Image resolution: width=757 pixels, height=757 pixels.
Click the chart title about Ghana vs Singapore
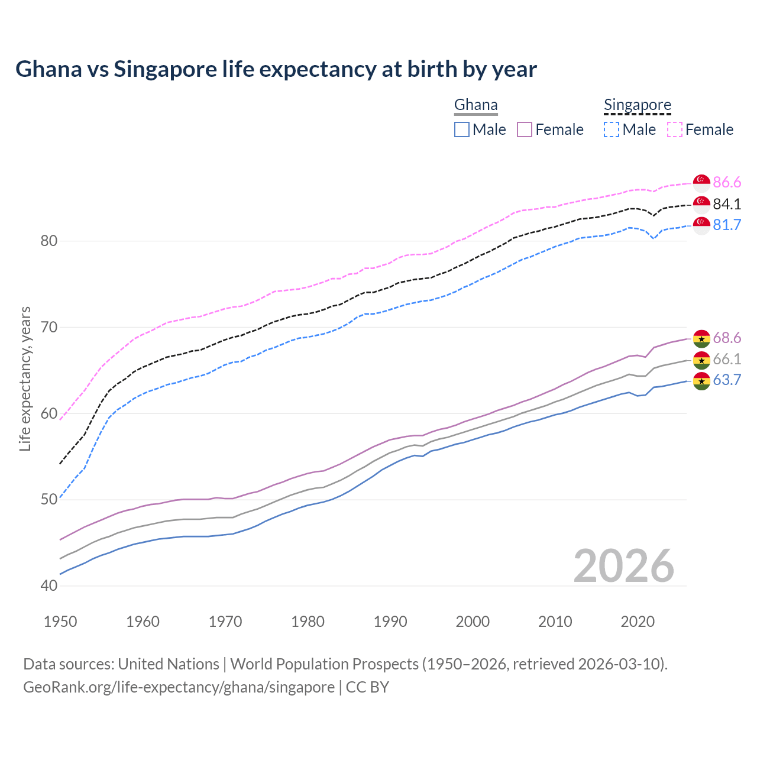pyautogui.click(x=276, y=69)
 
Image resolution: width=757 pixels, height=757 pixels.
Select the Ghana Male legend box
pyautogui.click(x=462, y=130)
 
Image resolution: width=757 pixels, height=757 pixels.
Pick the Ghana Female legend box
pyautogui.click(x=525, y=130)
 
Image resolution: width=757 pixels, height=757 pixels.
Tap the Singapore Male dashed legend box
pyautogui.click(x=612, y=130)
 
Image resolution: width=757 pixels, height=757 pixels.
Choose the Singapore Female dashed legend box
pyautogui.click(x=675, y=130)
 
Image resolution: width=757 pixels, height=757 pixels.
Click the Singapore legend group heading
pyautogui.click(x=638, y=105)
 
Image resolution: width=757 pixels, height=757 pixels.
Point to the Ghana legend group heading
pyautogui.click(x=475, y=105)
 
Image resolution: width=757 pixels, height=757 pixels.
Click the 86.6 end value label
pyautogui.click(x=727, y=182)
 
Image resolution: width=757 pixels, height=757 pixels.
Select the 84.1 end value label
pyautogui.click(x=727, y=204)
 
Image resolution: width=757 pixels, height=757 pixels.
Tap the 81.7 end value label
pyautogui.click(x=727, y=225)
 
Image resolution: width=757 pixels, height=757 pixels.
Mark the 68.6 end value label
pyautogui.click(x=727, y=338)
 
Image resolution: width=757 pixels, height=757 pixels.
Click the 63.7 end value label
pyautogui.click(x=727, y=380)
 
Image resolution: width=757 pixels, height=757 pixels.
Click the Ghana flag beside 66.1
pyautogui.click(x=701, y=360)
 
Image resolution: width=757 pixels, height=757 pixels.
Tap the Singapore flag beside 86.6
pyautogui.click(x=701, y=182)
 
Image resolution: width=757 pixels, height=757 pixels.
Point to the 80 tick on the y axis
pyautogui.click(x=49, y=241)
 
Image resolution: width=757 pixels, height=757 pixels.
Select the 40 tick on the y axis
pyautogui.click(x=49, y=585)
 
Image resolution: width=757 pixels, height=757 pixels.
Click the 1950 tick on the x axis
pyautogui.click(x=60, y=622)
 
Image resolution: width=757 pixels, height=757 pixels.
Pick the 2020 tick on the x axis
pyautogui.click(x=638, y=622)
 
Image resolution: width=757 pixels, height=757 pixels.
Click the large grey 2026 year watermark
pyautogui.click(x=623, y=566)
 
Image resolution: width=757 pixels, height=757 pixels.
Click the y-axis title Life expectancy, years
pyautogui.click(x=25, y=378)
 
